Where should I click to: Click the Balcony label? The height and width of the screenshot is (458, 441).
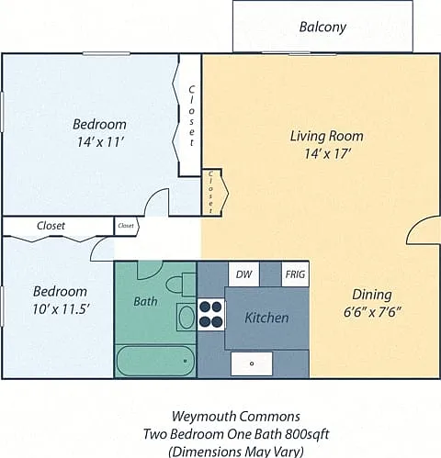click(x=322, y=28)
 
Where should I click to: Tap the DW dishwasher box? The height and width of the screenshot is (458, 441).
click(x=244, y=274)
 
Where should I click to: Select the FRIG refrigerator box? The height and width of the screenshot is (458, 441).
click(x=295, y=274)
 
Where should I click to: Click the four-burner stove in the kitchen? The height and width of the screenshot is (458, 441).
click(x=210, y=314)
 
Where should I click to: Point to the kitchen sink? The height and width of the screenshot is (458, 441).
click(x=252, y=363)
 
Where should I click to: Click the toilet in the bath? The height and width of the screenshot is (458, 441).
click(x=181, y=285)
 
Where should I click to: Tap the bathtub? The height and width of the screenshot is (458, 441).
click(x=156, y=361)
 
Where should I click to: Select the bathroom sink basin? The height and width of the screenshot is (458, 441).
click(x=187, y=318)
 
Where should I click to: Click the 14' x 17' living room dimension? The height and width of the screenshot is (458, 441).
click(x=327, y=154)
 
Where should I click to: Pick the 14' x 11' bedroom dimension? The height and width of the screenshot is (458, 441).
click(x=100, y=142)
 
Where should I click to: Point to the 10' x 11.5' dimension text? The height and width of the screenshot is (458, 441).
click(x=61, y=310)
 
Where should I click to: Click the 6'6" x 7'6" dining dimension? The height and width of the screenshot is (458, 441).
click(x=372, y=313)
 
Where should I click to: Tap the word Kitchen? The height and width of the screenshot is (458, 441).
click(x=266, y=318)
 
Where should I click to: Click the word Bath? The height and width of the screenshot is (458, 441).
click(x=145, y=302)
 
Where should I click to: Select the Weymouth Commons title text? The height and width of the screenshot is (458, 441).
click(x=236, y=417)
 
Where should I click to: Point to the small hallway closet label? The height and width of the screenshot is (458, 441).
click(x=126, y=226)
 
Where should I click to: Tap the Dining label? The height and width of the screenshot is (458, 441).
click(x=372, y=295)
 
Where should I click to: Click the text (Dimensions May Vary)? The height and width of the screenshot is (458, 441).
click(x=236, y=452)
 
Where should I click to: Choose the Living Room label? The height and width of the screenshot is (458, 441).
click(x=327, y=136)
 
